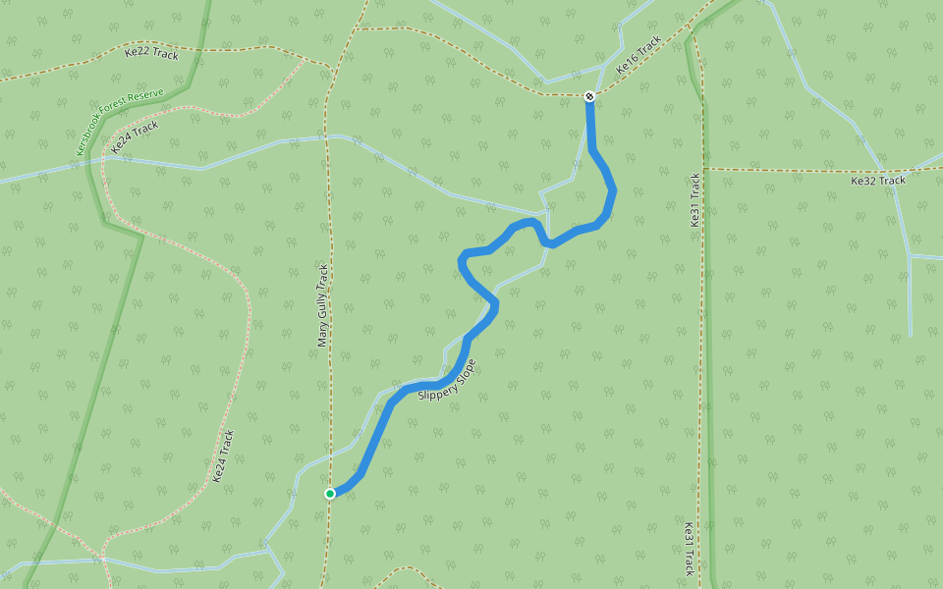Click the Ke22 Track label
pyautogui.click(x=151, y=54)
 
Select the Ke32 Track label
pyautogui.click(x=877, y=181)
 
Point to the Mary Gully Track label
pyautogui.click(x=322, y=304)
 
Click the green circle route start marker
pyautogui.click(x=331, y=493)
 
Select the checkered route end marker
pyautogui.click(x=588, y=96)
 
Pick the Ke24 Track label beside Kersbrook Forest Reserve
pyautogui.click(x=135, y=136)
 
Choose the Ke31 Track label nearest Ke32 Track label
pyautogui.click(x=694, y=200)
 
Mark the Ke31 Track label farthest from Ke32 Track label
pyautogui.click(x=689, y=548)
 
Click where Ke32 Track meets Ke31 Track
pyautogui.click(x=704, y=169)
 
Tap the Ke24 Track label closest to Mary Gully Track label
pyautogui.click(x=224, y=456)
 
